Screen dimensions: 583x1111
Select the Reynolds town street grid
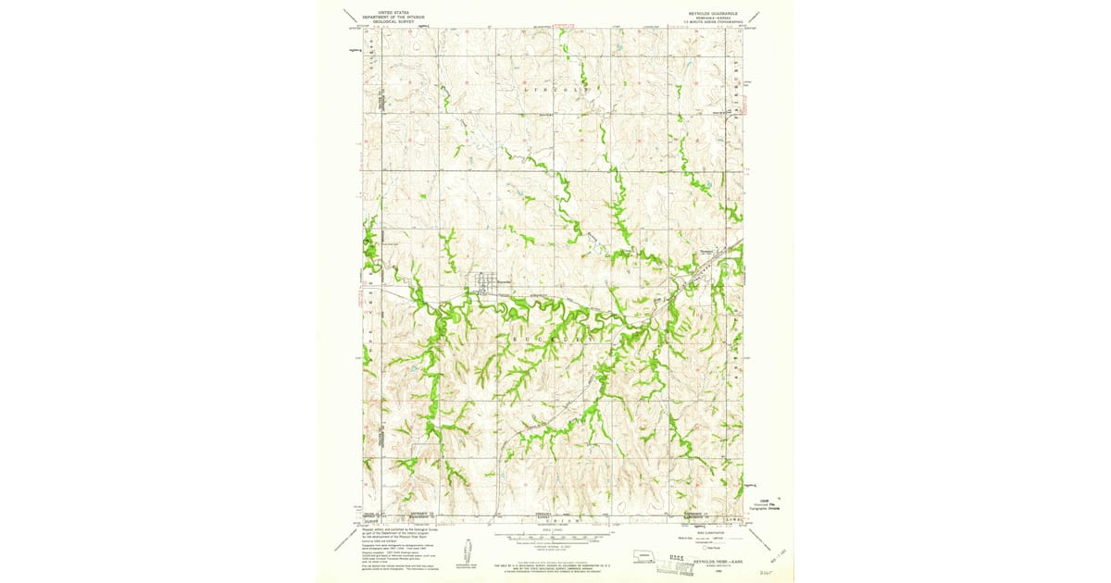[x=486, y=283]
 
